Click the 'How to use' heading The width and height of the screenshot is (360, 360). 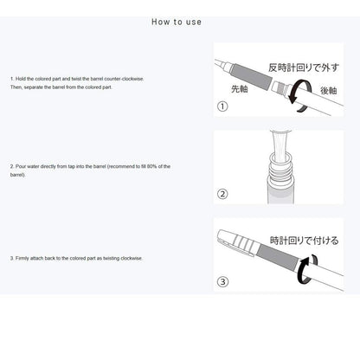coord(177,22)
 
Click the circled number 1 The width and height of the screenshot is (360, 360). coord(222,106)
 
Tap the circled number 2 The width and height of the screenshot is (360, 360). coord(222,194)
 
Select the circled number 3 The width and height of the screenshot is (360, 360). coord(222,281)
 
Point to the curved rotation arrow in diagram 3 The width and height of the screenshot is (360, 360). coord(304,273)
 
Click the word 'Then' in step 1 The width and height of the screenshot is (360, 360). coord(17,87)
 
